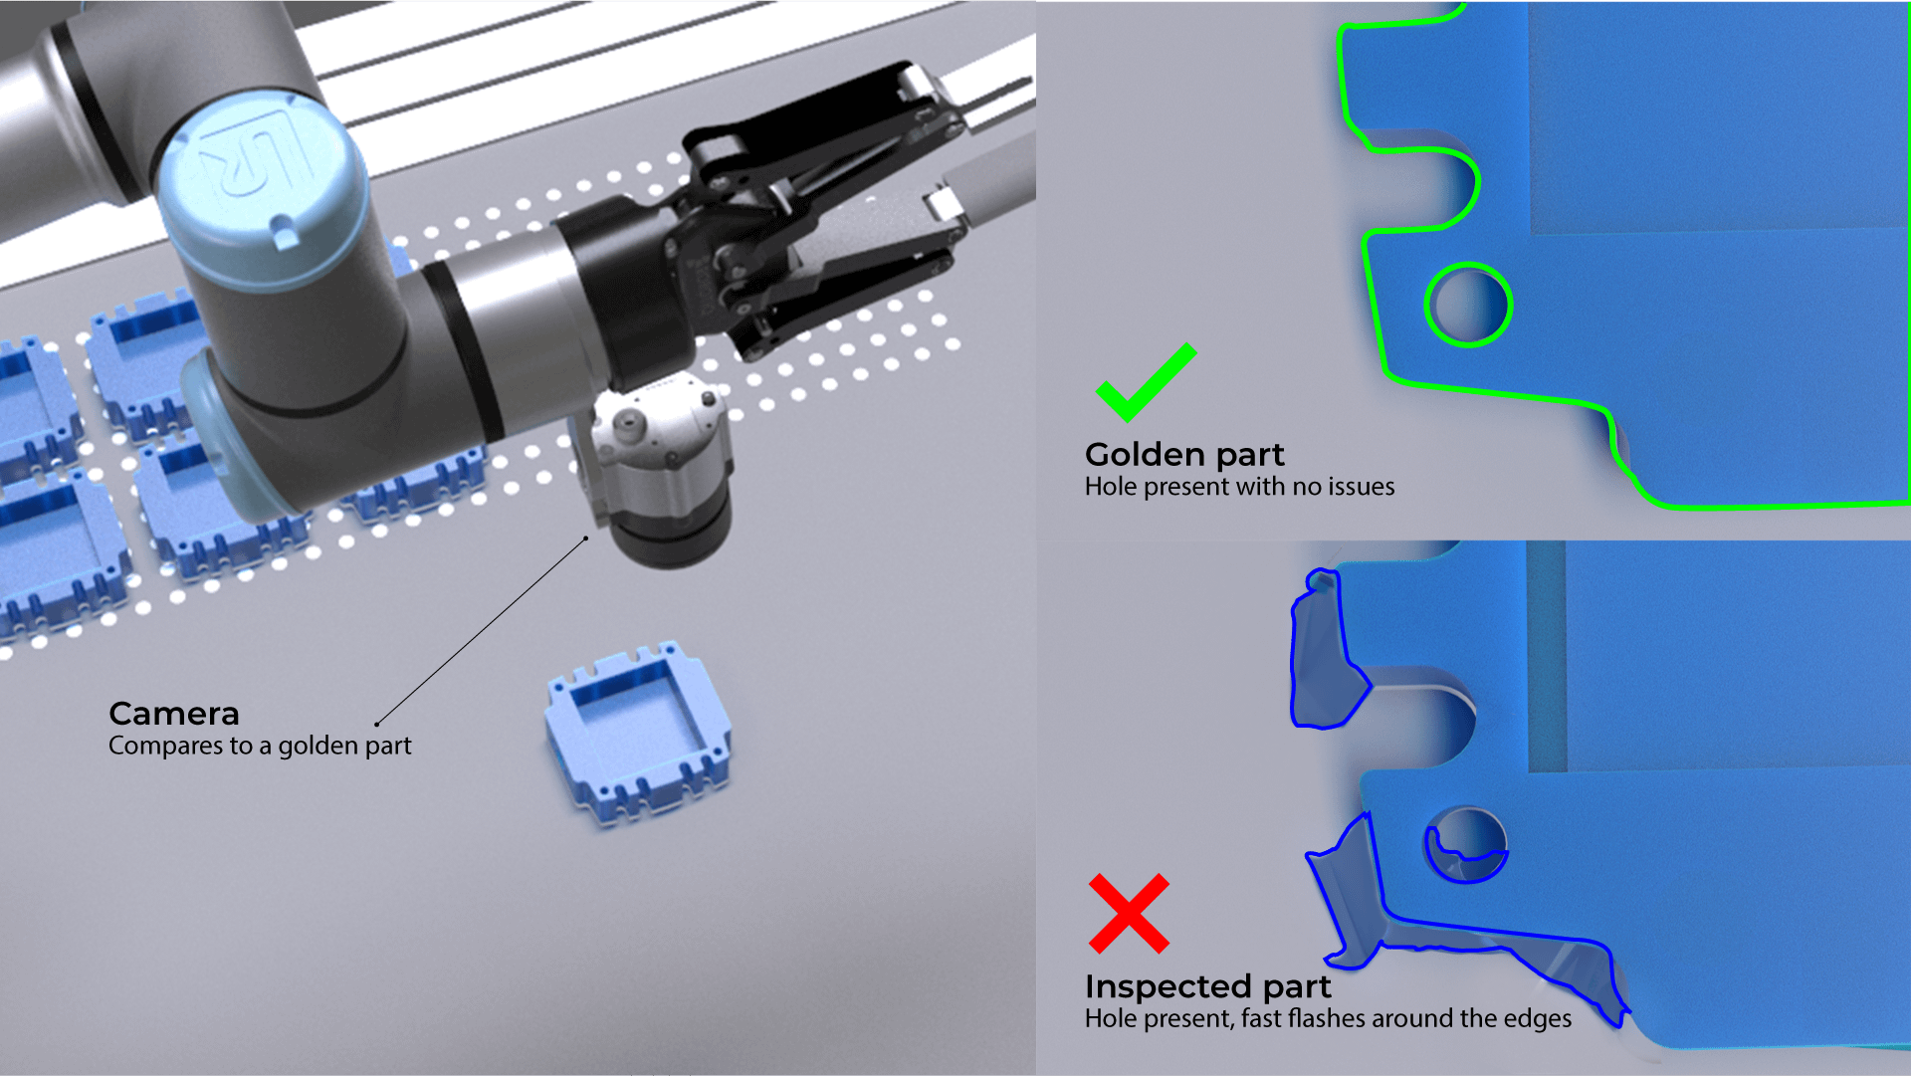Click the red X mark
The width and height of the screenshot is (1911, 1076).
pos(1129,914)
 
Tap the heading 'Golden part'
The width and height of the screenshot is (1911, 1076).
pos(1184,455)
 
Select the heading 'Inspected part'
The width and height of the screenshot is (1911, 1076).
pos(1207,986)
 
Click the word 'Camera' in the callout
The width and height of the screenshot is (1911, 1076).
pos(174,714)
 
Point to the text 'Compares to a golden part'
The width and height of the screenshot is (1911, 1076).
pos(260,746)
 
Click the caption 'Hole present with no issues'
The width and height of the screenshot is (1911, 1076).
pos(1239,487)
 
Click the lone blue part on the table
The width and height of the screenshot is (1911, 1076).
pos(638,734)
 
